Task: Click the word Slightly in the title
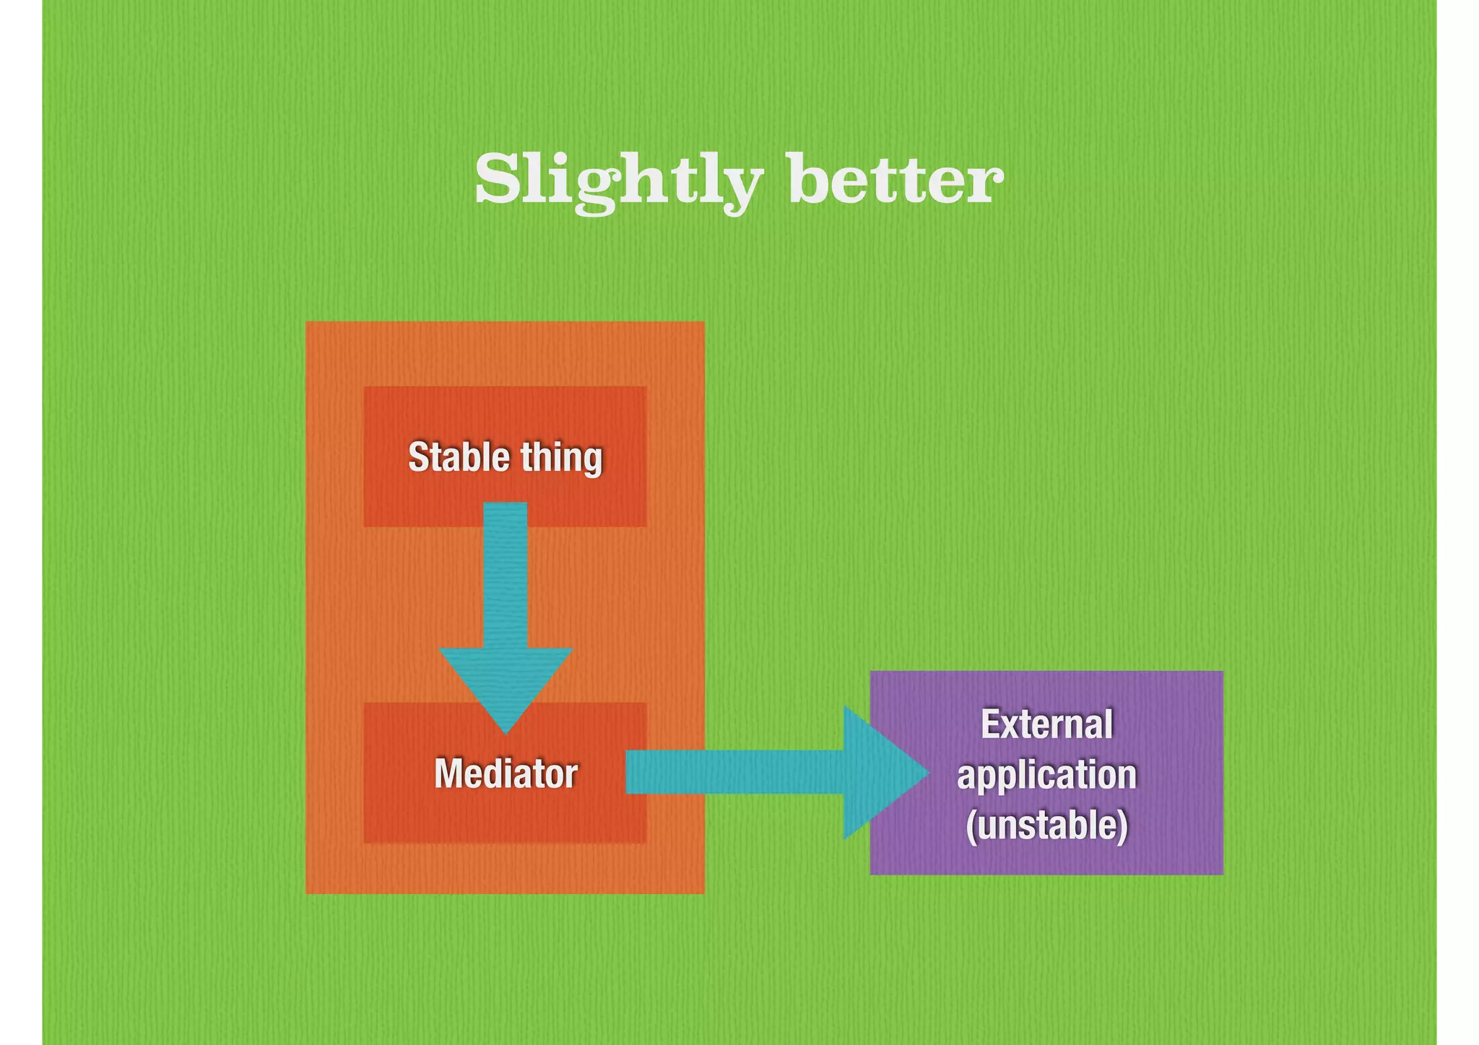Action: tap(618, 181)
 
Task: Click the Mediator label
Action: tap(506, 773)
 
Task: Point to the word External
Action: tap(1046, 724)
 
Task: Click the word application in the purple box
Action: tap(1046, 775)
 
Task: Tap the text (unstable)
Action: tap(1046, 825)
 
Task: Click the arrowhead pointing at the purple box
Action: tap(881, 773)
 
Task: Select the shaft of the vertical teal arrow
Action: tap(505, 578)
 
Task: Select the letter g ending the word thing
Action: tap(593, 461)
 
